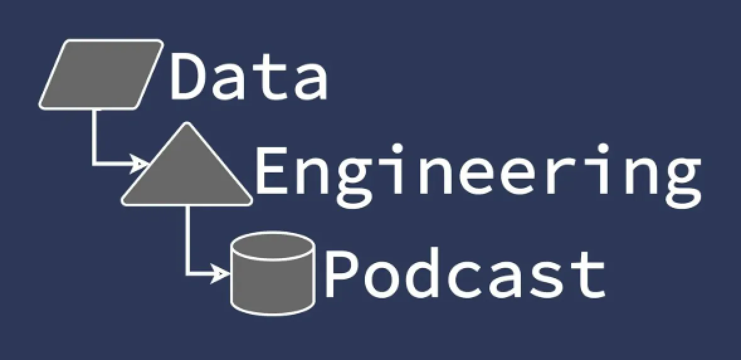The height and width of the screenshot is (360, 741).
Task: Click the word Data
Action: [248, 76]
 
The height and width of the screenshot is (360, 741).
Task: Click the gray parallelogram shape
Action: [101, 74]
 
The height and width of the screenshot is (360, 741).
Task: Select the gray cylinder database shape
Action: [272, 273]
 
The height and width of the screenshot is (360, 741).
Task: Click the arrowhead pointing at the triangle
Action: [140, 164]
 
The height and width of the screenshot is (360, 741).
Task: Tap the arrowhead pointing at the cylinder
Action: [220, 273]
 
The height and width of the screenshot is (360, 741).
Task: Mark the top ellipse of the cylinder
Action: [272, 245]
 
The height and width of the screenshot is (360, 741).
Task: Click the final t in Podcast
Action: [588, 278]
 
